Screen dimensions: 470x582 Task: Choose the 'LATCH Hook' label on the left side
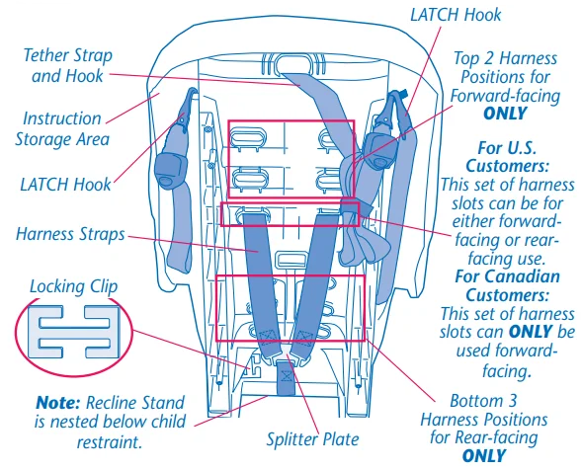pos(65,184)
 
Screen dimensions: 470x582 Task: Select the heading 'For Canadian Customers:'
pos(507,285)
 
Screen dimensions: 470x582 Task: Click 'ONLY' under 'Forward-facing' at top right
pos(504,113)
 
